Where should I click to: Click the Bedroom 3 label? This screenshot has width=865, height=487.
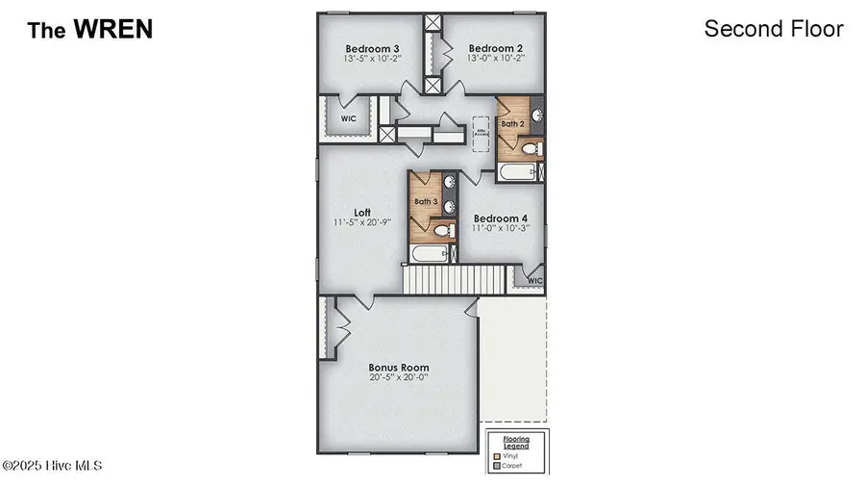tap(374, 47)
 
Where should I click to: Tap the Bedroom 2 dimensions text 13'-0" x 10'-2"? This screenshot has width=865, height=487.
tap(496, 59)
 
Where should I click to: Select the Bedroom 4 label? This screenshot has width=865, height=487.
tap(500, 218)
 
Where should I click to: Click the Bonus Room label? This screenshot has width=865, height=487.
tap(399, 368)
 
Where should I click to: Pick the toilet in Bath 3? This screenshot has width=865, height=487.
tap(443, 230)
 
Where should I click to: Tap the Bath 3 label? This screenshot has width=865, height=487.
tap(426, 202)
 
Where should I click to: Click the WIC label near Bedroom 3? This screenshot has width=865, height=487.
tap(348, 118)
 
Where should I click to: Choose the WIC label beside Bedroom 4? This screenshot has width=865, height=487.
tap(534, 281)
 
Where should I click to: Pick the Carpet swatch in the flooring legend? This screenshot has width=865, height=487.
tap(497, 465)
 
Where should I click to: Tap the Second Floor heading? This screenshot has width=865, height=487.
tap(774, 29)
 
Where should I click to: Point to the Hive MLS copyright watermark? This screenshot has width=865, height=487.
tap(52, 466)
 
